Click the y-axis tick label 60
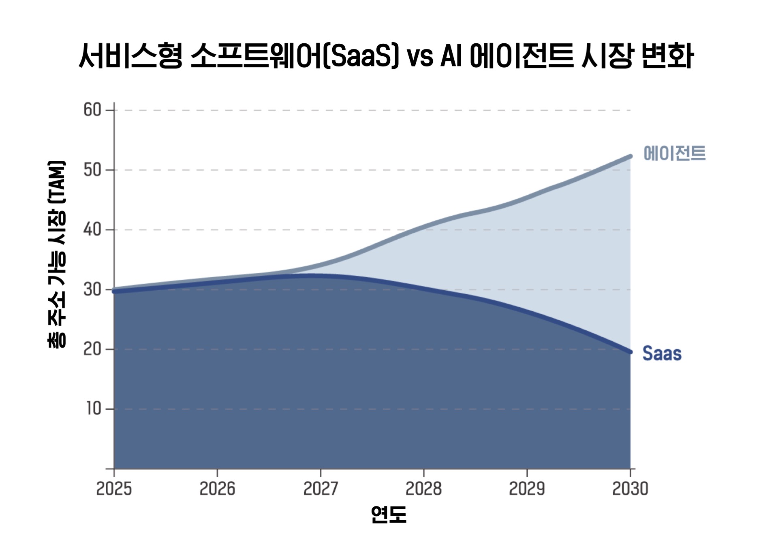(x=92, y=110)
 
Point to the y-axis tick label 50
(x=92, y=170)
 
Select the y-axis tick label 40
(x=92, y=230)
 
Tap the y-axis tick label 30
(x=92, y=289)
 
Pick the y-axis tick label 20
(x=92, y=349)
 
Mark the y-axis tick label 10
(x=94, y=409)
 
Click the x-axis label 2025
(x=114, y=489)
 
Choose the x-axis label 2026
(x=217, y=489)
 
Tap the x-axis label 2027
(x=321, y=489)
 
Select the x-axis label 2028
(x=423, y=489)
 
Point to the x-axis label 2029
(x=527, y=489)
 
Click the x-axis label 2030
(x=630, y=489)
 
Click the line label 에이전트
(x=675, y=154)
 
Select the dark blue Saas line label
(x=662, y=353)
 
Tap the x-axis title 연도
(x=389, y=515)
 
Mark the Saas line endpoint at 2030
(x=630, y=352)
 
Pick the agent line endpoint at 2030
(x=630, y=156)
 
